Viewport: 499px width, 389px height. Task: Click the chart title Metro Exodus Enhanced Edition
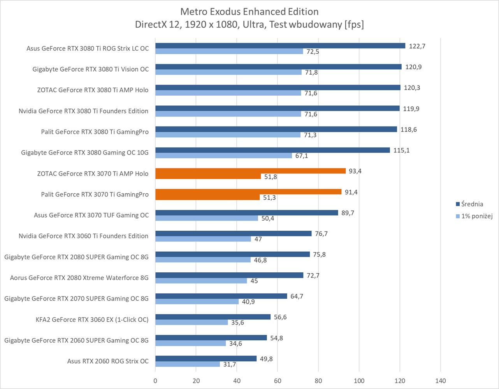click(x=249, y=11)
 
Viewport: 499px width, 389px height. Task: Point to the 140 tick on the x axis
click(x=441, y=380)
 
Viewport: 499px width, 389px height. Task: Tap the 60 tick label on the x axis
click(x=278, y=380)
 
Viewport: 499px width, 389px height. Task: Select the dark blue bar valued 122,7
click(x=280, y=46)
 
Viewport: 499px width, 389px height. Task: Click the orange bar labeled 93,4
click(x=250, y=171)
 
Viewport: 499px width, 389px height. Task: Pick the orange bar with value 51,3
click(x=207, y=198)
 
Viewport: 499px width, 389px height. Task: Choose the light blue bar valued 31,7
click(x=188, y=364)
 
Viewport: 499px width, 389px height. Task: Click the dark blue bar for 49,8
click(x=206, y=359)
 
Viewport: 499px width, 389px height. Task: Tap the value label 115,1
click(x=401, y=150)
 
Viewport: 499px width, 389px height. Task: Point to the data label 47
click(x=258, y=239)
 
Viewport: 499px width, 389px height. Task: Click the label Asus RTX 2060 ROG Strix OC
click(x=108, y=361)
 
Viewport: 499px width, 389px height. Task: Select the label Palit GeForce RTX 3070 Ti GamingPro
click(x=95, y=194)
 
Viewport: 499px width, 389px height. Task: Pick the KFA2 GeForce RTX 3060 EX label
click(x=92, y=320)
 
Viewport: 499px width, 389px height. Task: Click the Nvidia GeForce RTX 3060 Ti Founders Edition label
click(x=83, y=236)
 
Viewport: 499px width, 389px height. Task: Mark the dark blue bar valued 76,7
click(x=234, y=233)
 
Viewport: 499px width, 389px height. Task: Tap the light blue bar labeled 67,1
click(x=223, y=156)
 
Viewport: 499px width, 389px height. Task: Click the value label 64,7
click(x=297, y=296)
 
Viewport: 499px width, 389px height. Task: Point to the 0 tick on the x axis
click(x=155, y=380)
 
